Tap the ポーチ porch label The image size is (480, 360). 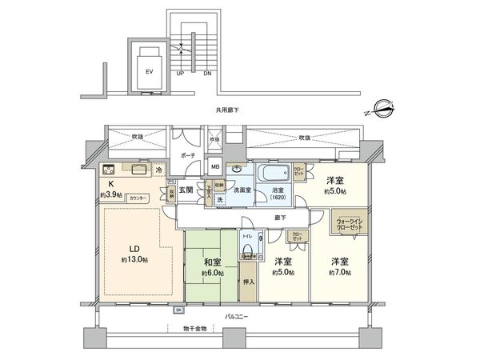[188, 154]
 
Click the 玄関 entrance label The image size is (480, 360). [186, 190]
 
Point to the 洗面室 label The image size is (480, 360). [243, 190]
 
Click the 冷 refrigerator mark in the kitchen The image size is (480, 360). [159, 170]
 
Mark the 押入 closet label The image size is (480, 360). [248, 282]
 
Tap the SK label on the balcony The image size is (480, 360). [179, 310]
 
